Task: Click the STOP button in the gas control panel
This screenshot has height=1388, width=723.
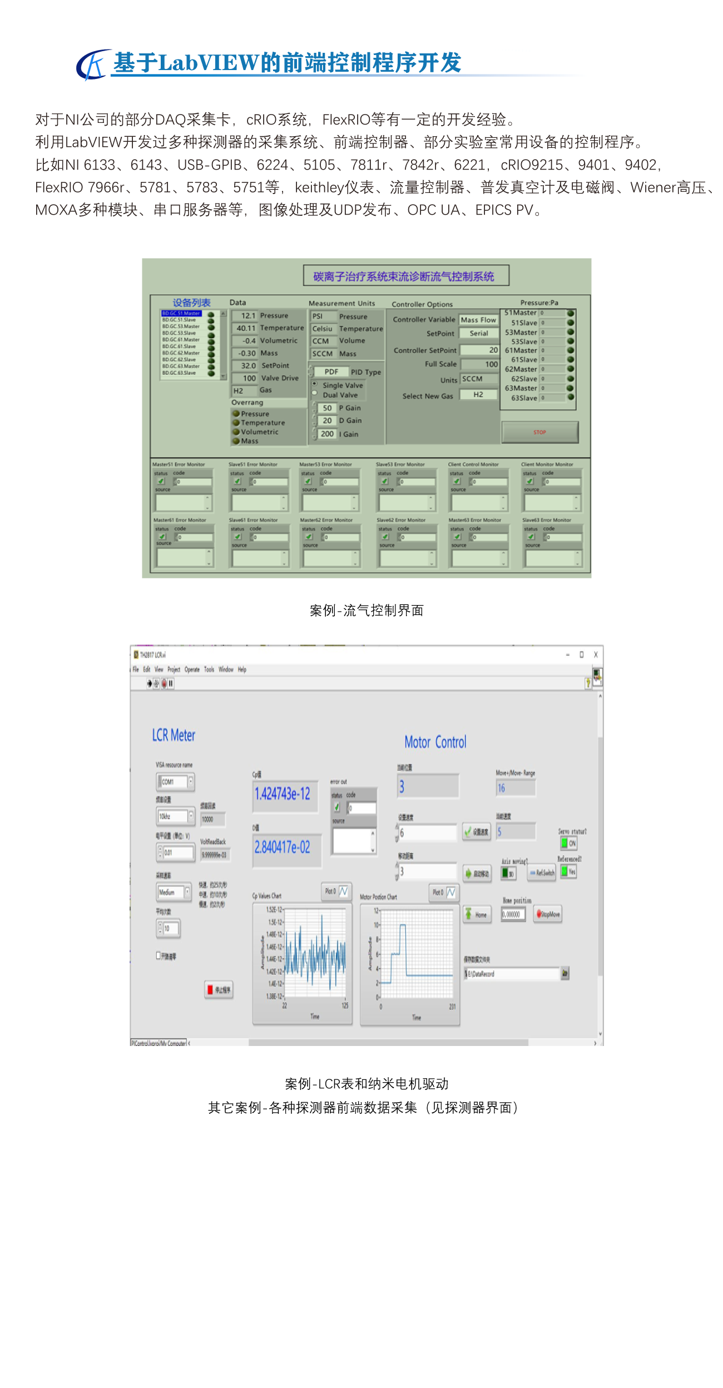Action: tap(539, 432)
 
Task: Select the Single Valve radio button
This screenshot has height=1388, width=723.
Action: tap(315, 384)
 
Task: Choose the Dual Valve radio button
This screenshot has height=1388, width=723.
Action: tap(315, 394)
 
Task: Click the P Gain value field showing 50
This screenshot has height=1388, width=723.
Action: tap(327, 408)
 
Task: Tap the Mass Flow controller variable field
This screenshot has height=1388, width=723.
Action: tap(478, 320)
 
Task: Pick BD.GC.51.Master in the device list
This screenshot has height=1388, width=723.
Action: tap(181, 314)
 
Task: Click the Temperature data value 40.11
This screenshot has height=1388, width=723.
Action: tap(245, 328)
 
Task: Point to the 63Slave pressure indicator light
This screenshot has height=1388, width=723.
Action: tap(571, 398)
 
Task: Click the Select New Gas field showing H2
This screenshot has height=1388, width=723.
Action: tap(478, 395)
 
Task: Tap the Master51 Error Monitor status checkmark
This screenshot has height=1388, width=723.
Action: tap(161, 482)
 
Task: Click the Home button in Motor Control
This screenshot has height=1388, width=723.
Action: tap(477, 914)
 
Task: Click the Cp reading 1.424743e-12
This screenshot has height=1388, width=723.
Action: tap(283, 794)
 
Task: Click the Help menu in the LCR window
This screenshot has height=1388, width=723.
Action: tap(242, 670)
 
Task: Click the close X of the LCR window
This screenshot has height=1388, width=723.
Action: tap(596, 655)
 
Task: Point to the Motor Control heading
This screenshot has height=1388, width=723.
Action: tap(435, 742)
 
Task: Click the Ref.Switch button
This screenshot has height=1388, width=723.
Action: tap(542, 873)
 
